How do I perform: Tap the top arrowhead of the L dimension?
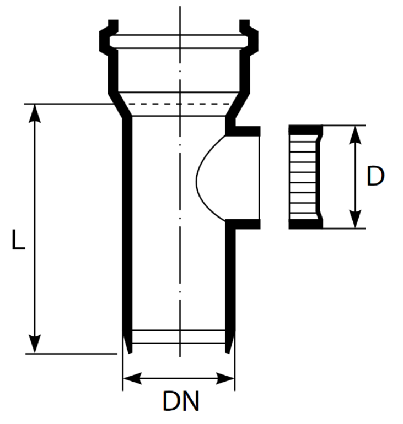click(35, 111)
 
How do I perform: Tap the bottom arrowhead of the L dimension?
click(35, 345)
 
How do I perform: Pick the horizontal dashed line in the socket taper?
click(179, 104)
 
